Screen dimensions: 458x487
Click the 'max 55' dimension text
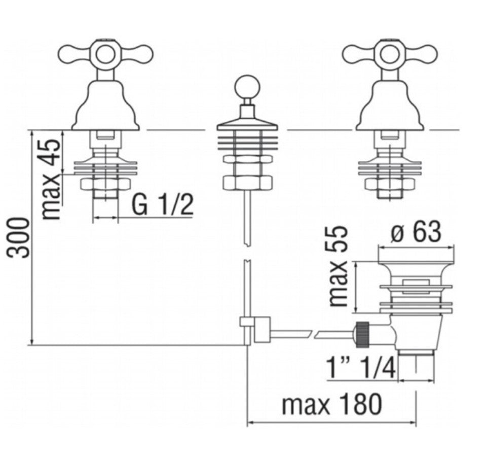tap(338, 266)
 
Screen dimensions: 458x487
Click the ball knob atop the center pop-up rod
tap(247, 88)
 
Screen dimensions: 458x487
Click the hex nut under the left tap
tap(105, 184)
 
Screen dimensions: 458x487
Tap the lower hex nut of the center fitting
tap(247, 182)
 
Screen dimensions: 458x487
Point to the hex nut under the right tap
tap(389, 184)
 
